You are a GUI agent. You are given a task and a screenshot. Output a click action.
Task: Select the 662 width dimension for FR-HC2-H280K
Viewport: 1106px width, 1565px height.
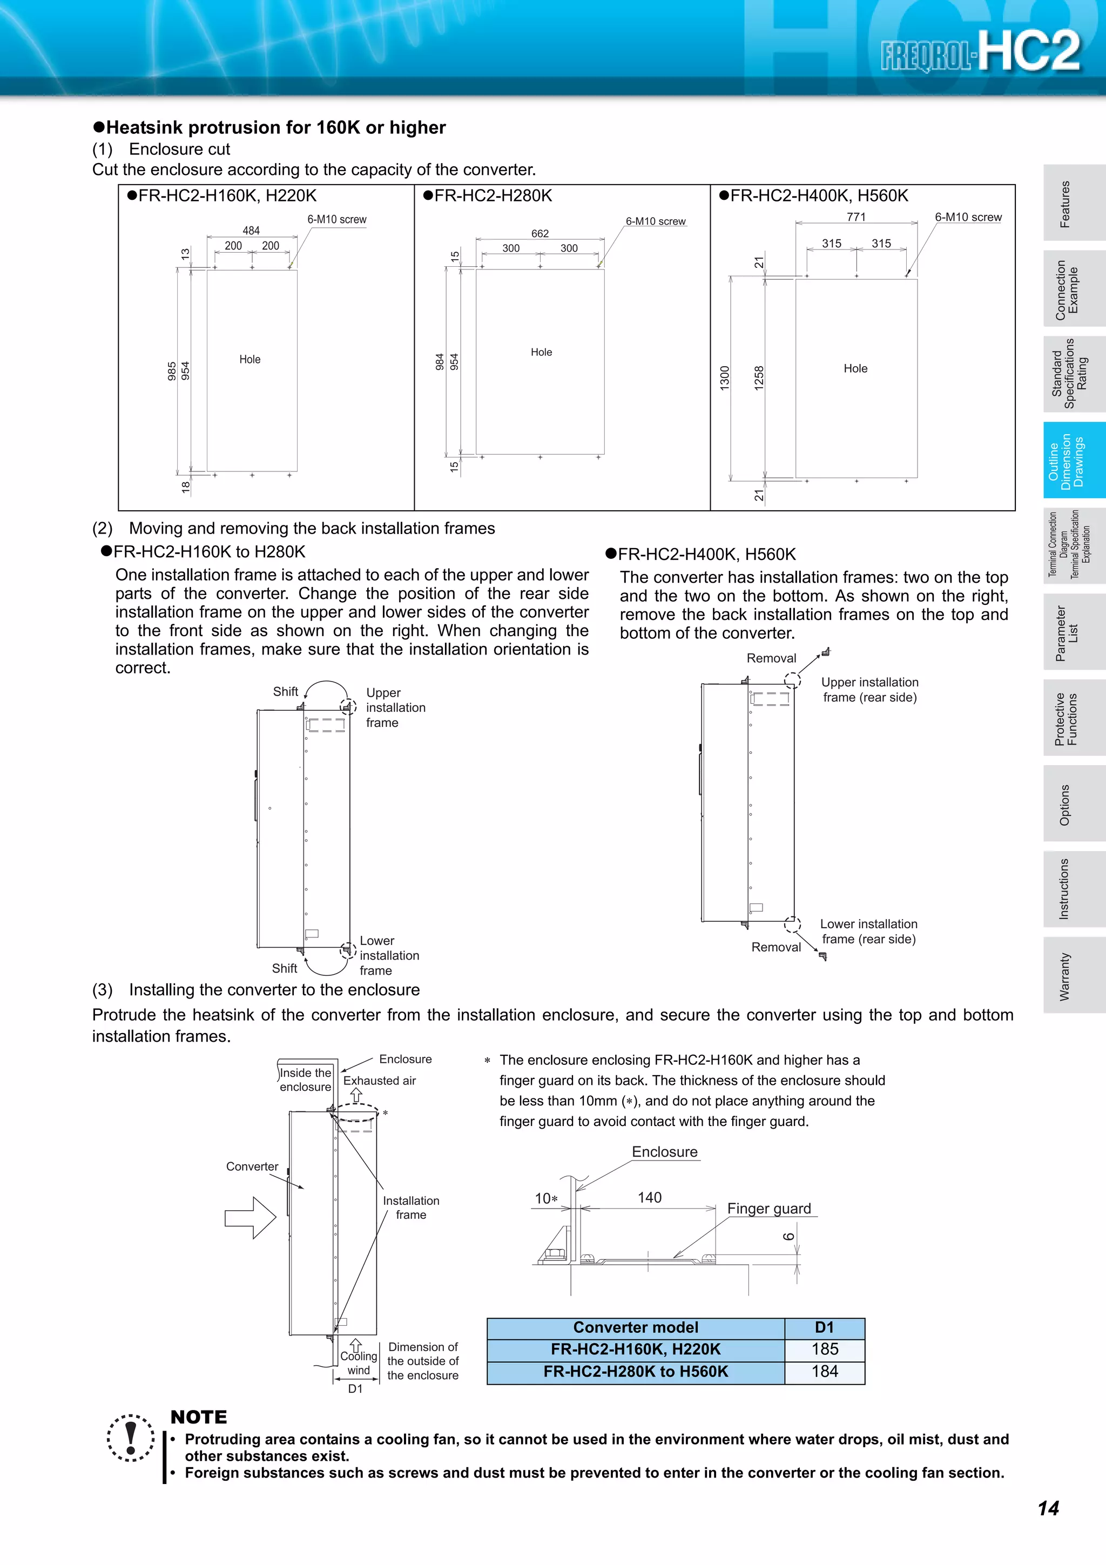(539, 233)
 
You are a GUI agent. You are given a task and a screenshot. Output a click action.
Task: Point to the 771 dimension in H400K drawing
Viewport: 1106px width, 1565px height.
(856, 217)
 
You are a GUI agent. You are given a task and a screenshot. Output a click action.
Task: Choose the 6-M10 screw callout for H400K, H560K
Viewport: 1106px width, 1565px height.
(968, 217)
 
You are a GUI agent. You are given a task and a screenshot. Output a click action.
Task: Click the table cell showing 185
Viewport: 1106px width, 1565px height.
(825, 1349)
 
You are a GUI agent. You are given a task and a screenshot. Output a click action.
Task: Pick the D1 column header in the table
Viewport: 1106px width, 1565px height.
(825, 1327)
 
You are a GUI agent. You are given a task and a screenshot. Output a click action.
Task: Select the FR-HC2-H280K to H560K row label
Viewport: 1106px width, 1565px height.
(635, 1372)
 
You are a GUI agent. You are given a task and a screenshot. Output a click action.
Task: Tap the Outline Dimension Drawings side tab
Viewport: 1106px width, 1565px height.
(1074, 460)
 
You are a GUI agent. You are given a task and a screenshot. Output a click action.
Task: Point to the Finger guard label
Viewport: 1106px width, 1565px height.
(768, 1209)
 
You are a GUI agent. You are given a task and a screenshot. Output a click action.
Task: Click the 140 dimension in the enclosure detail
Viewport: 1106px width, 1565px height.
(650, 1198)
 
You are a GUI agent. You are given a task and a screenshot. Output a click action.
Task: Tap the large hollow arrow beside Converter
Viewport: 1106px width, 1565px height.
(250, 1217)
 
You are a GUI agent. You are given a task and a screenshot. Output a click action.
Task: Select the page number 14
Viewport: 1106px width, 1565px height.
(1048, 1508)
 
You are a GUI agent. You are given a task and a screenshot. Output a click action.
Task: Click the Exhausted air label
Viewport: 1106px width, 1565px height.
(379, 1081)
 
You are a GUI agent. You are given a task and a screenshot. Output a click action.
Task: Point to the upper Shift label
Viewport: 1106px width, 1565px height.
(286, 691)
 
